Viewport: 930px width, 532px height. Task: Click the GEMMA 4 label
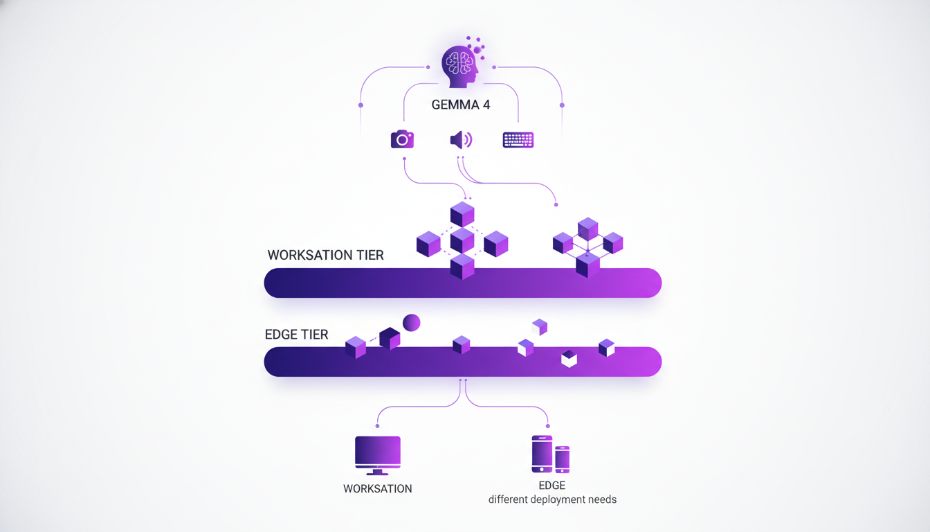(460, 105)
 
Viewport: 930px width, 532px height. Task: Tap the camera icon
(402, 139)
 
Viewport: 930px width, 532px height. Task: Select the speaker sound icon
(461, 140)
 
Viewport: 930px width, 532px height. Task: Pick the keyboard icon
(518, 140)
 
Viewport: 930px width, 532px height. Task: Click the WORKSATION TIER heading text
(325, 255)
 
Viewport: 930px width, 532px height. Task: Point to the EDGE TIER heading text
(296, 335)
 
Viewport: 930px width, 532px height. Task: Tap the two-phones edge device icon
(550, 454)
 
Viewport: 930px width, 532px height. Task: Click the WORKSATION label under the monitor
(377, 489)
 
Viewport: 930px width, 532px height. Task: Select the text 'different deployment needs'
(552, 499)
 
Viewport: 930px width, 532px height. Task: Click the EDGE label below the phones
(552, 486)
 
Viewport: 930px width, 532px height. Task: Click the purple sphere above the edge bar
(412, 322)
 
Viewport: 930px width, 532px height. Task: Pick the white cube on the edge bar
(569, 358)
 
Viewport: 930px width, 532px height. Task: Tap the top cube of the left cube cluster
(462, 214)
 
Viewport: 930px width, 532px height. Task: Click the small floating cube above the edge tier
(540, 326)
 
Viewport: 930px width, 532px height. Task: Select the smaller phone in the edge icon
(562, 459)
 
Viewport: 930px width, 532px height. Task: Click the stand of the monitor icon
(377, 472)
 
